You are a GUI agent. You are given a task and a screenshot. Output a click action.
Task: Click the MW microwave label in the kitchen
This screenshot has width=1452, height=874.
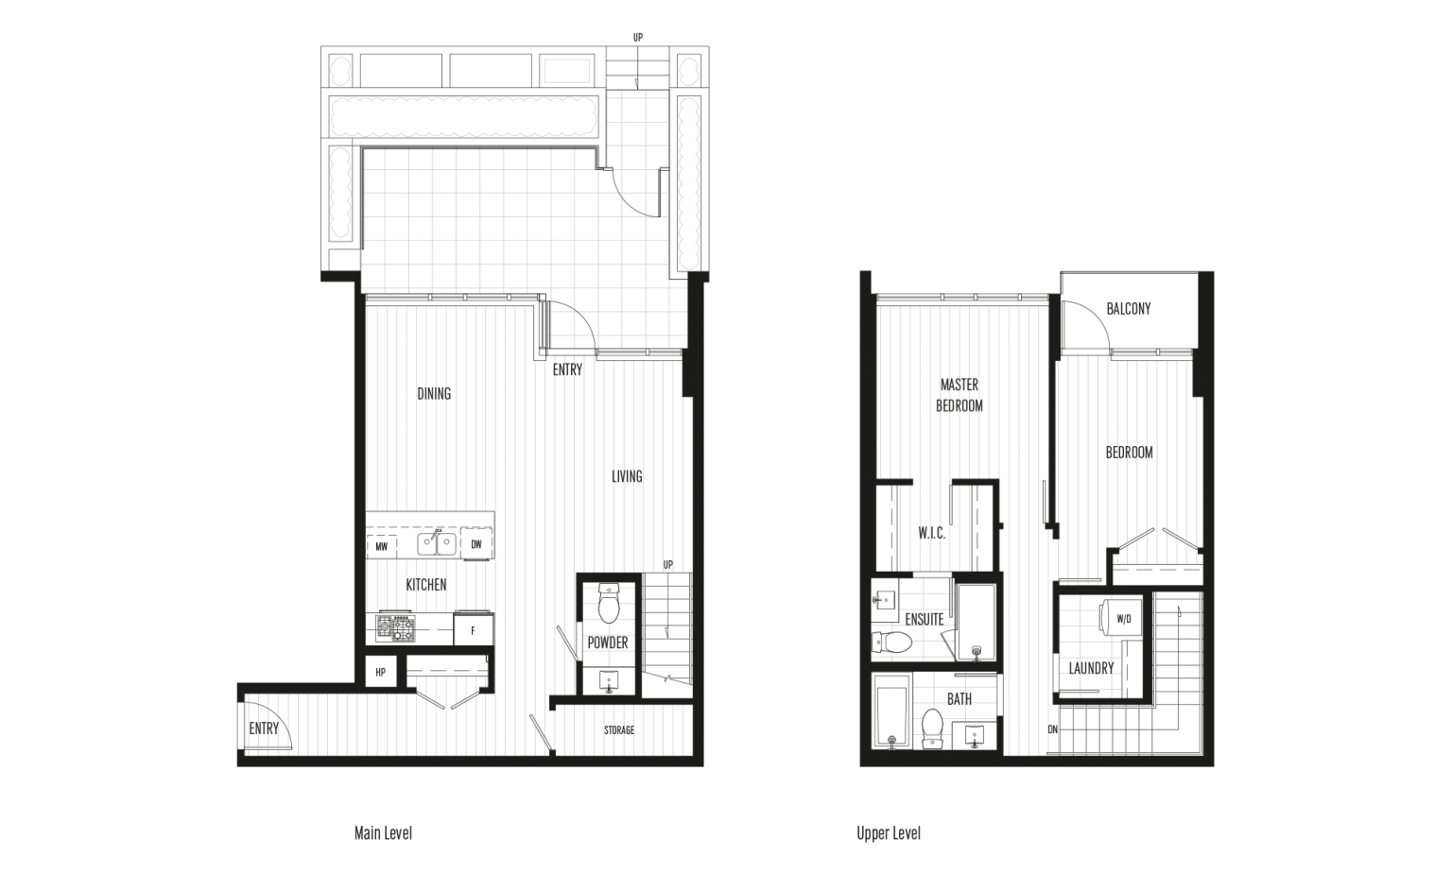381,547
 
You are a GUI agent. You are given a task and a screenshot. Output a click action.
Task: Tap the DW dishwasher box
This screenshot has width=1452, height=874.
476,543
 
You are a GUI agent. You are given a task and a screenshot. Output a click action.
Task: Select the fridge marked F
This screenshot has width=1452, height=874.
474,629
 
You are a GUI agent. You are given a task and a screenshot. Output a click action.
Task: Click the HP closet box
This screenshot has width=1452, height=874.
381,672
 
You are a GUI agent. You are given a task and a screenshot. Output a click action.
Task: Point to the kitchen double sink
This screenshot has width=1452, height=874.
436,543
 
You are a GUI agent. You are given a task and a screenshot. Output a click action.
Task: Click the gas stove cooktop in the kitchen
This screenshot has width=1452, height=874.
395,627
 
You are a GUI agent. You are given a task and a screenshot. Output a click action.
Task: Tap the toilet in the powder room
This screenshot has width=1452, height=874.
609,603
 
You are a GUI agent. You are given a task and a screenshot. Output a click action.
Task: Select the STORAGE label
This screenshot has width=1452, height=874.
619,730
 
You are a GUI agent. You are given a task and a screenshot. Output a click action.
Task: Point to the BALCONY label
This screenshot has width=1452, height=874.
1129,308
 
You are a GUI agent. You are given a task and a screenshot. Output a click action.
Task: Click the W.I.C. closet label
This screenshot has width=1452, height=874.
931,533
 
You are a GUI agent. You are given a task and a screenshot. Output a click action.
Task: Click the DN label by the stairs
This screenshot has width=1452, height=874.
1053,729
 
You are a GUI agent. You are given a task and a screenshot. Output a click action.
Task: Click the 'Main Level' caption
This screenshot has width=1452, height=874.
383,833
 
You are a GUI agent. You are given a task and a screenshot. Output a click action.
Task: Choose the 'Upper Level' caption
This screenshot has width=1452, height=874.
889,833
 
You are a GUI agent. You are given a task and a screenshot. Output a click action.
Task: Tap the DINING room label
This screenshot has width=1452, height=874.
434,393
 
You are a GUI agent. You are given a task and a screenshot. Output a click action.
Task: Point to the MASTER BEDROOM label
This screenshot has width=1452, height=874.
959,395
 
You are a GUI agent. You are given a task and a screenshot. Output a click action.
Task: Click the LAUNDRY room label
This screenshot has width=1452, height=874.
1091,668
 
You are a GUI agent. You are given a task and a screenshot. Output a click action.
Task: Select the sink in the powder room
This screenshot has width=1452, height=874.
609,681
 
